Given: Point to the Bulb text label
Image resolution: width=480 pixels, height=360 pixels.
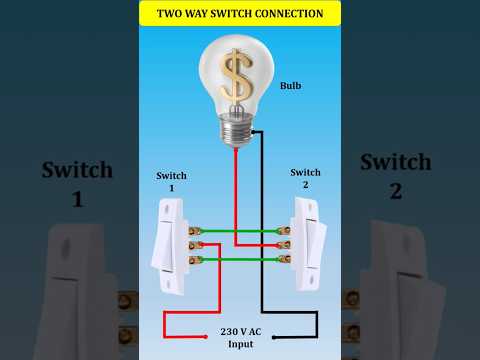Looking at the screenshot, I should pos(291,86).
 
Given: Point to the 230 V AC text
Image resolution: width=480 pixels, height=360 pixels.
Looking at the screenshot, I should pos(240,331).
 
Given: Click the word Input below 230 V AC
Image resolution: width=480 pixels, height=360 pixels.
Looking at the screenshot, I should pos(240,344).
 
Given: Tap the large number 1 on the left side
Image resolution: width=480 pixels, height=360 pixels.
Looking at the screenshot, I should pos(77,200).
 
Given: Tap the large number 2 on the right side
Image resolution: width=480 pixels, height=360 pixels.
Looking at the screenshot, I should pos(395,190).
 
